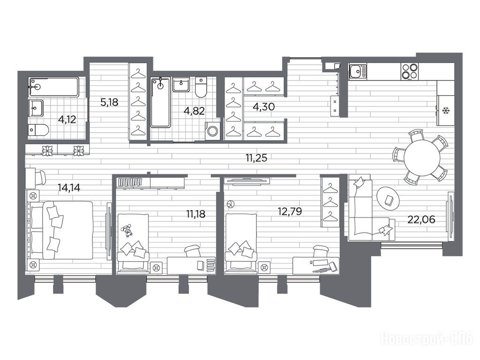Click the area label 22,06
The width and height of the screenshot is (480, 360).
coord(421,219)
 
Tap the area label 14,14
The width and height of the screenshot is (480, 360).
coord(69,187)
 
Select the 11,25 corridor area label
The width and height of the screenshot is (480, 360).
coord(256,158)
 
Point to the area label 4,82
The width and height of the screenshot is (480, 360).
coord(194,111)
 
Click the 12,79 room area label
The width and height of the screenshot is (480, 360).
coord(290,211)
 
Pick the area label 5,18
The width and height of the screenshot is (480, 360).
coord(109,102)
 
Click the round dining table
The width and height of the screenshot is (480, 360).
coord(422,157)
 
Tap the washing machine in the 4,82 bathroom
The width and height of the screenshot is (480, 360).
coord(212,131)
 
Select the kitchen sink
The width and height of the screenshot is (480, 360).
coord(357,72)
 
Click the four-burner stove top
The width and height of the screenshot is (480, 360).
coord(410,71)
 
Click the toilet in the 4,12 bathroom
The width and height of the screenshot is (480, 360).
coord(38,130)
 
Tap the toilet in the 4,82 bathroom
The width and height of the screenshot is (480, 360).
coord(201,87)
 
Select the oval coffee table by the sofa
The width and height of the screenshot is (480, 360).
coord(388,199)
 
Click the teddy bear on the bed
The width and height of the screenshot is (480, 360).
coord(126,231)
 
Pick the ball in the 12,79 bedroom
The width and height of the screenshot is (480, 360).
coord(229,204)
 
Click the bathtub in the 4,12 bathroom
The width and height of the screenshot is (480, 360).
coord(54,87)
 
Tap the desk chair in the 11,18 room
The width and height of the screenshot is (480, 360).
coord(192,251)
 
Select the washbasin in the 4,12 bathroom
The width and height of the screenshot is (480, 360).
coord(36,108)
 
